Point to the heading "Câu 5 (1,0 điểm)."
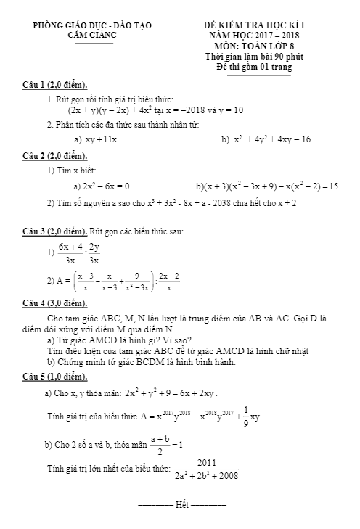pyautogui.click(x=54, y=377)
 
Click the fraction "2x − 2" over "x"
pyautogui.click(x=168, y=282)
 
